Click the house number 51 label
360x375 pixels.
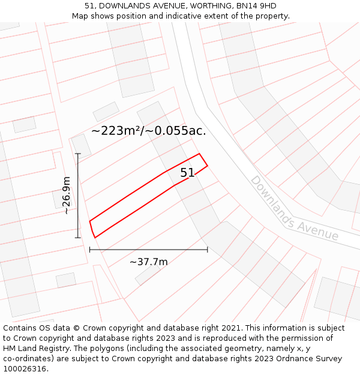coord(188,173)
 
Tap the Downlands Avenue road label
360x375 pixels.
coord(294,208)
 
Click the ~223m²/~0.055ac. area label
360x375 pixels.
coord(149,130)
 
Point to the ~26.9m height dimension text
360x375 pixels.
coord(66,196)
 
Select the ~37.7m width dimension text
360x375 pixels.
coord(149,262)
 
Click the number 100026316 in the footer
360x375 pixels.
coord(25,369)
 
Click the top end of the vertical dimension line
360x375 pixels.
coord(78,154)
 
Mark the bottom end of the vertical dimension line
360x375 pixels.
coord(78,238)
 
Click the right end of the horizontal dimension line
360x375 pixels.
coord(208,249)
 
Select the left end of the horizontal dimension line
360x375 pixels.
coord(90,249)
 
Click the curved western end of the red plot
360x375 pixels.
coord(91,229)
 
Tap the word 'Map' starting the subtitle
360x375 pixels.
coord(80,16)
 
